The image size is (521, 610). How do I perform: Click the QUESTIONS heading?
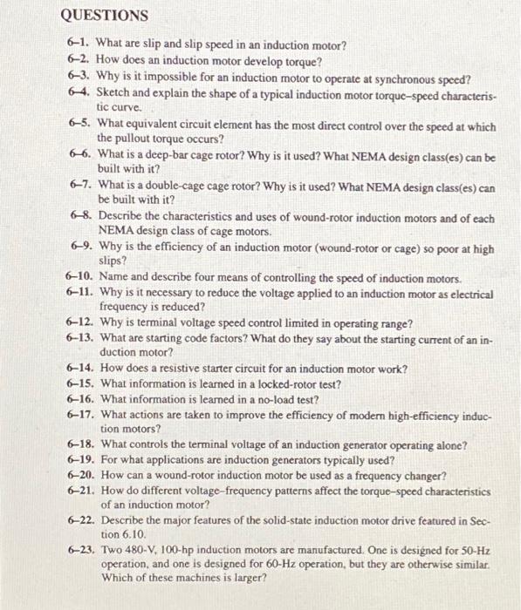(105, 16)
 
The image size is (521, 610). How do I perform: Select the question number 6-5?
(82, 126)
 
